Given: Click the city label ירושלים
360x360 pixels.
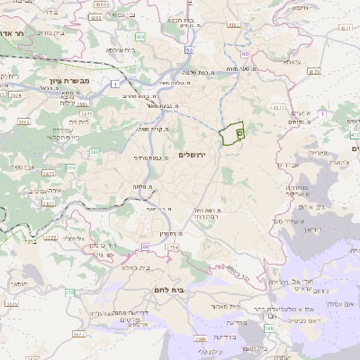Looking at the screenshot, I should (x=193, y=155).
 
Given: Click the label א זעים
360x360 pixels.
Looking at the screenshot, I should (x=301, y=112).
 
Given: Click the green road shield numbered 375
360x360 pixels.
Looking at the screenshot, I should (x=70, y=292).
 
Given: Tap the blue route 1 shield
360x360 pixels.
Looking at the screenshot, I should (x=116, y=84).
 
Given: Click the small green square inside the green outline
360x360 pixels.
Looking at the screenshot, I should (x=239, y=133).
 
